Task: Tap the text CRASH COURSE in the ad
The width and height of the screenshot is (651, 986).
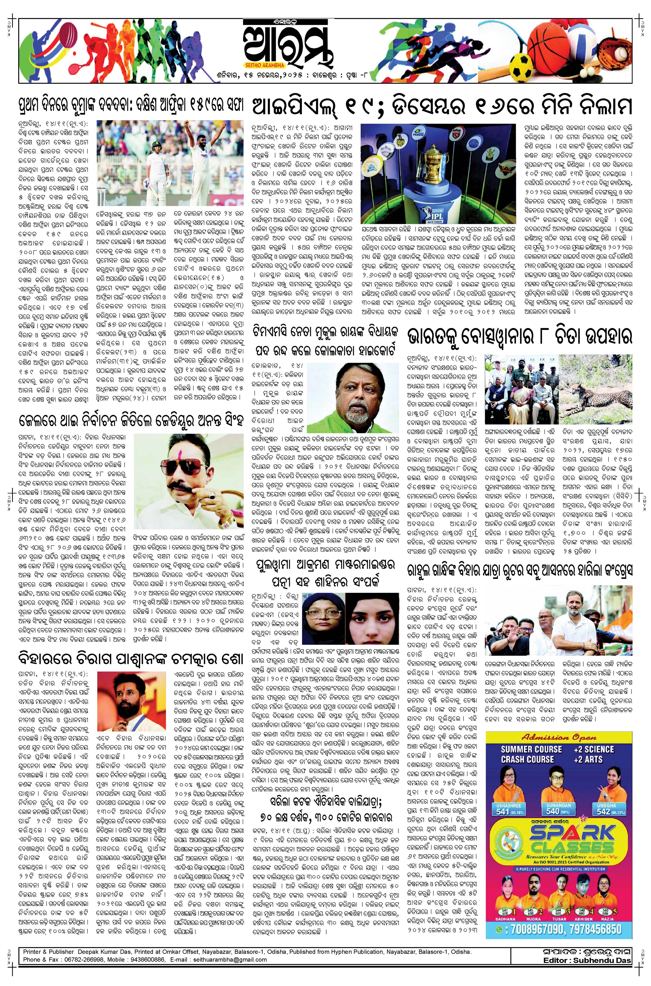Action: (527, 759)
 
